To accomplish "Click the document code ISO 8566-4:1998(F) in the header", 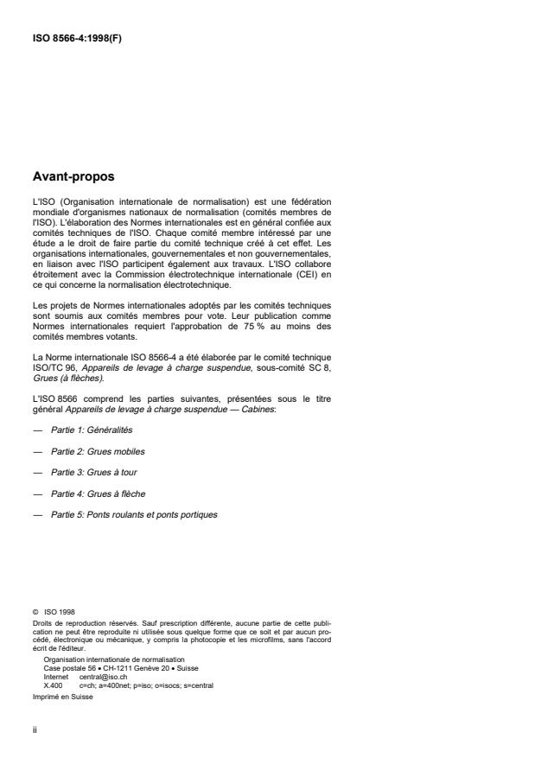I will (76, 37).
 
